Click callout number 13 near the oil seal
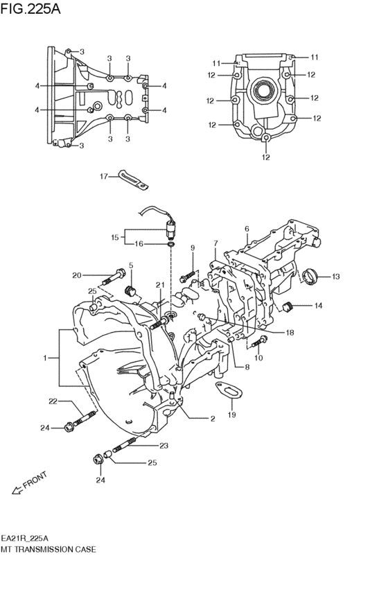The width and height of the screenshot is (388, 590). point(335,277)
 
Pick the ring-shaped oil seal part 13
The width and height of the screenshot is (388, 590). point(311,276)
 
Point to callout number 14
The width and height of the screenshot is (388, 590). point(318,306)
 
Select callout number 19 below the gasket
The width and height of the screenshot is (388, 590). point(232,415)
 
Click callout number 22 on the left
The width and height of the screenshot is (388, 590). point(53,401)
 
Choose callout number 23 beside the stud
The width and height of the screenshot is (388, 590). point(164,446)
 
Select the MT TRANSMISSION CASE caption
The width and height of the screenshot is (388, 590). point(48,548)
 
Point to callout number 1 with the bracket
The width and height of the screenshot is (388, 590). point(45,358)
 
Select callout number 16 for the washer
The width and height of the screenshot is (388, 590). point(139,244)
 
